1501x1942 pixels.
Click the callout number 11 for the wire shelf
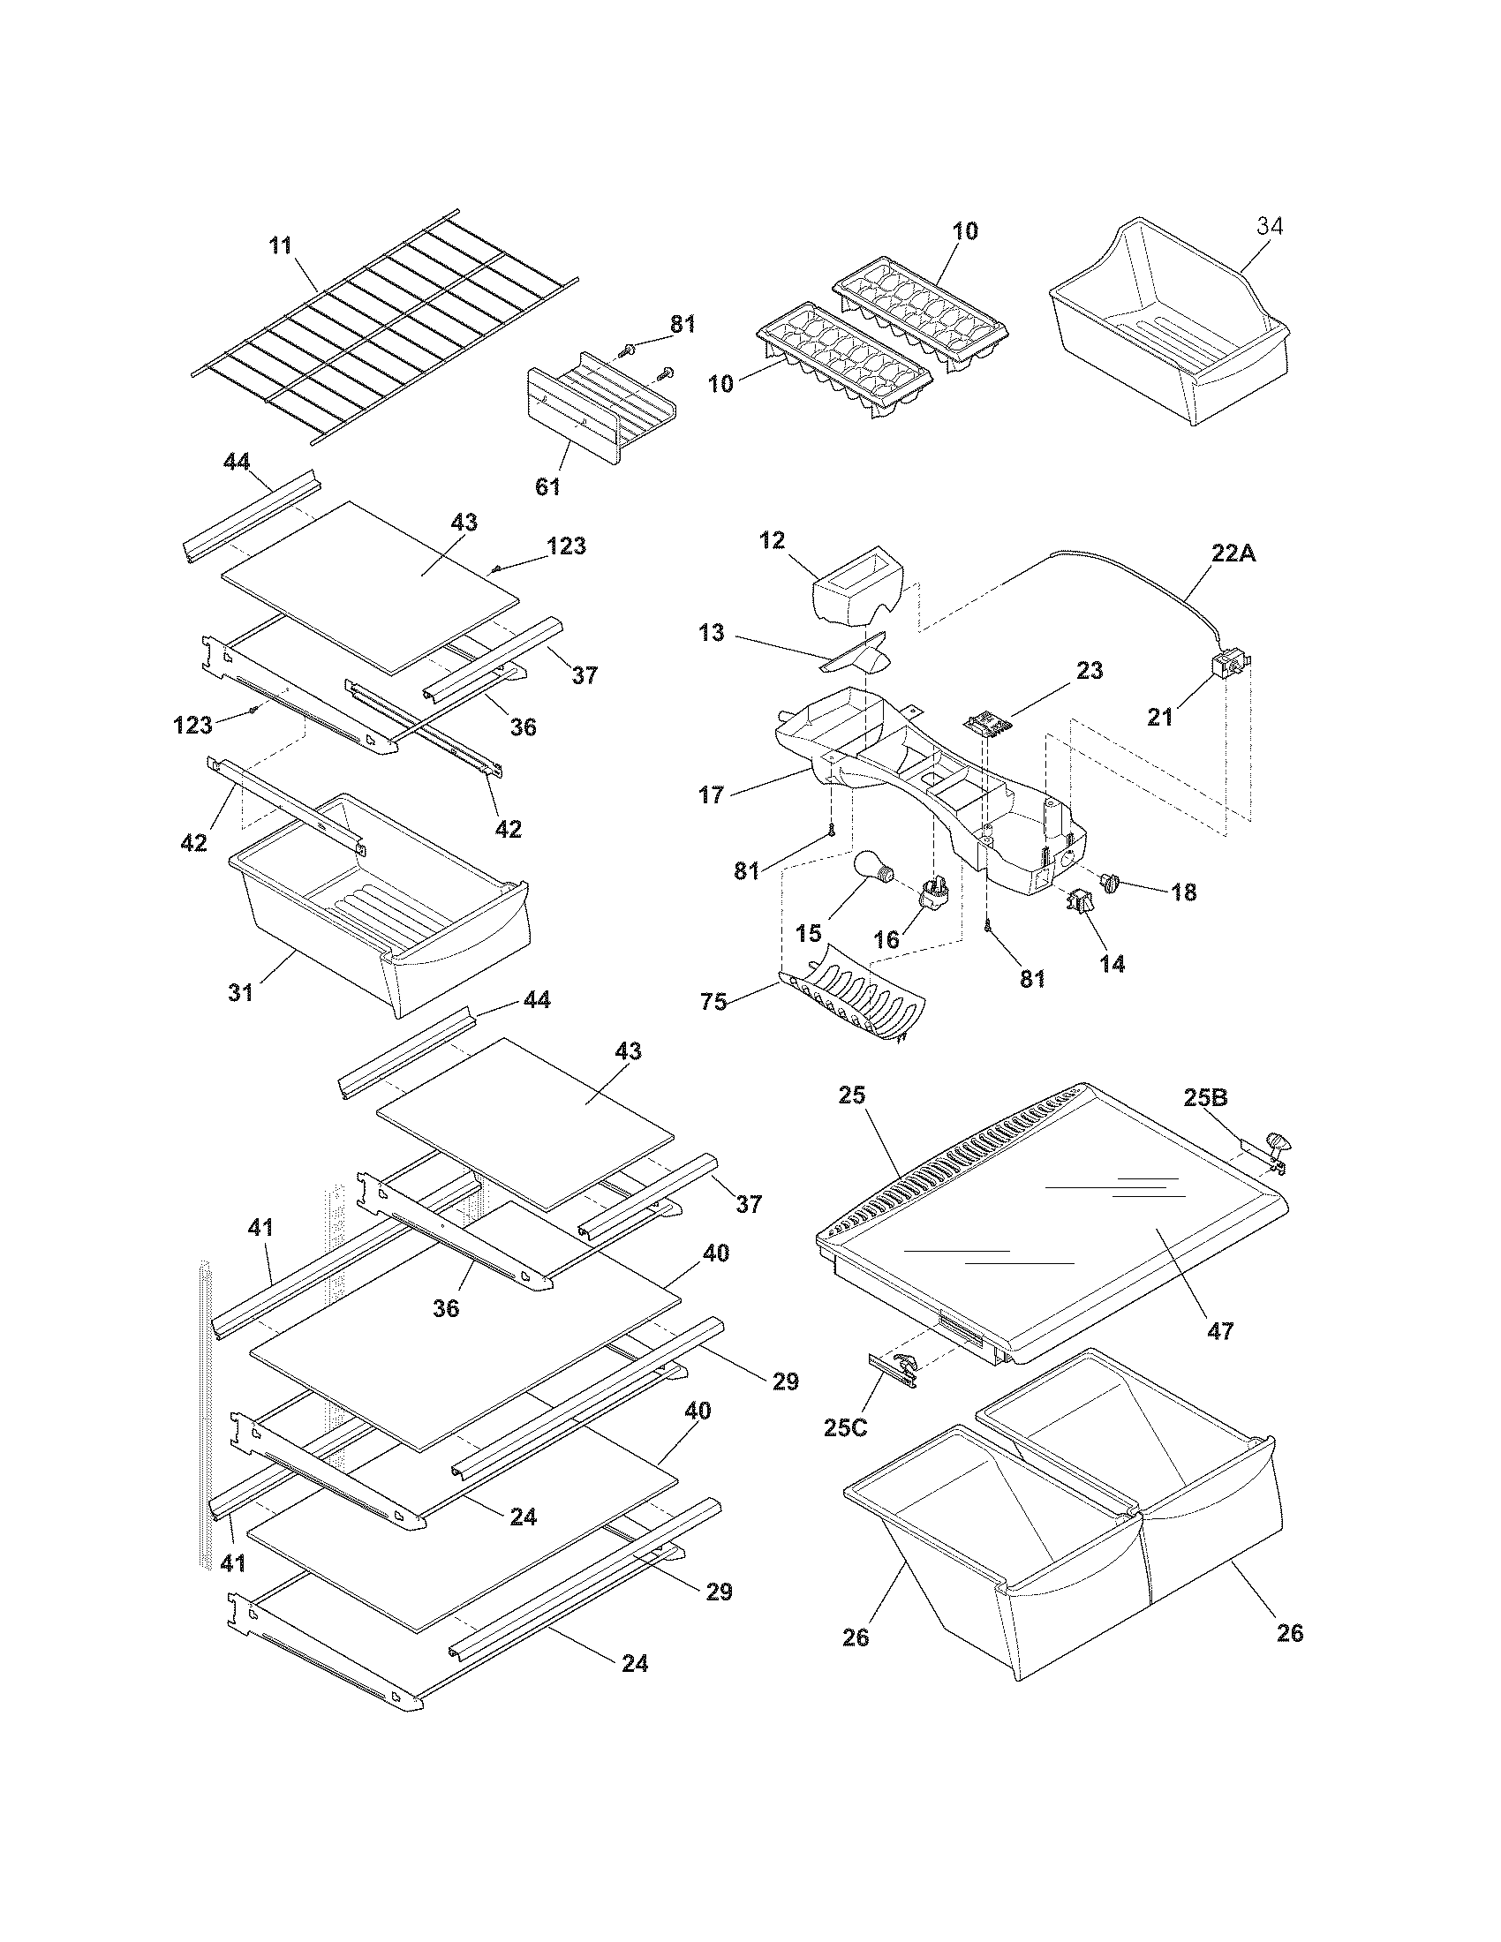281,245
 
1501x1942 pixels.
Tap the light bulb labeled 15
871,866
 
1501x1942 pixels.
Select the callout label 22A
1234,553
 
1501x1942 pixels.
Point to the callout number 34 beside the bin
1270,227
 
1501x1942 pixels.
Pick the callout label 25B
1206,1097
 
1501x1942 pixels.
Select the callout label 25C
846,1429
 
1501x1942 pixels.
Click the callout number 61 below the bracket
547,485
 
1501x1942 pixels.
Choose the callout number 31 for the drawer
241,991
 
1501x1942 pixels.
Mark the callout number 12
773,540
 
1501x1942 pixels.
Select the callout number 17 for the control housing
712,794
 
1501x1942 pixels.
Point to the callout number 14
1112,963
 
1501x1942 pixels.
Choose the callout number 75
713,1002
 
